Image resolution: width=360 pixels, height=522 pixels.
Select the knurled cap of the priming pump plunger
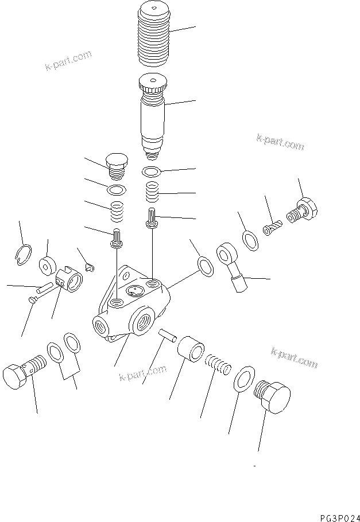[x=152, y=87]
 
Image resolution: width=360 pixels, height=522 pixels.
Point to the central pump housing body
[x=132, y=304]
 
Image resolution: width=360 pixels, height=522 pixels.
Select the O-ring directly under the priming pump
[x=152, y=171]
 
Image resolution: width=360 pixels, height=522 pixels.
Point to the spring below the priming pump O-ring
[x=152, y=192]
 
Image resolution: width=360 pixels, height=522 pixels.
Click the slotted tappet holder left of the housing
[x=71, y=279]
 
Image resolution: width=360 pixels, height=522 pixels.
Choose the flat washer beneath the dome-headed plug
[x=117, y=189]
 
